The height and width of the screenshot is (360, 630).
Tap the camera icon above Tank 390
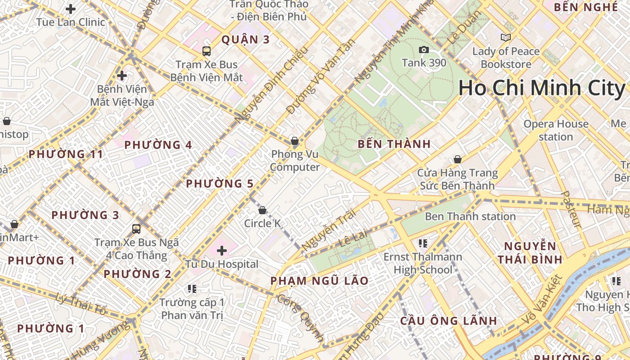pyautogui.click(x=423, y=50)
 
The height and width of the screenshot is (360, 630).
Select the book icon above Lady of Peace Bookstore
pyautogui.click(x=506, y=38)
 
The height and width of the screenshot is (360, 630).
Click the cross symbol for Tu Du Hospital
pyautogui.click(x=222, y=251)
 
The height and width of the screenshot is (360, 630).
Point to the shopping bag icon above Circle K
pyautogui.click(x=262, y=210)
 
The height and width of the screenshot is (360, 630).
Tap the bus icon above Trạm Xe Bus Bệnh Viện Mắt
pyautogui.click(x=207, y=51)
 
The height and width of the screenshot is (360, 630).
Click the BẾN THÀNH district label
pyautogui.click(x=394, y=144)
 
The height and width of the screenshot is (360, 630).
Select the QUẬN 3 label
pyautogui.click(x=245, y=40)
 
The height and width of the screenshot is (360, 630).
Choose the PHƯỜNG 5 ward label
pyautogui.click(x=220, y=184)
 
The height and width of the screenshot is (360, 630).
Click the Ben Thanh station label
pyautogui.click(x=470, y=216)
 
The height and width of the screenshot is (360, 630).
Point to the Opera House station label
pyautogui.click(x=556, y=130)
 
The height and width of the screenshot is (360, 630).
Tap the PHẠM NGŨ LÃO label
pyautogui.click(x=319, y=281)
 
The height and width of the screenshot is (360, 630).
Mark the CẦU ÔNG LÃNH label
pyautogui.click(x=449, y=321)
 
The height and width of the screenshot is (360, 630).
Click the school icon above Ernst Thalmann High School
pyautogui.click(x=423, y=243)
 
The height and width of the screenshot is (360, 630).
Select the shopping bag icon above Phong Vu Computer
pyautogui.click(x=295, y=141)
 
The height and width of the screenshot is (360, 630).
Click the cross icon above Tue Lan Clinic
pyautogui.click(x=71, y=9)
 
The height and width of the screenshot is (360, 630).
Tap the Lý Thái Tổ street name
pyautogui.click(x=81, y=304)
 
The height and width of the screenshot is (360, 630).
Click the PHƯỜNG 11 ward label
pyautogui.click(x=66, y=154)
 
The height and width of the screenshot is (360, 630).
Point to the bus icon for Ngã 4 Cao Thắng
pyautogui.click(x=136, y=229)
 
